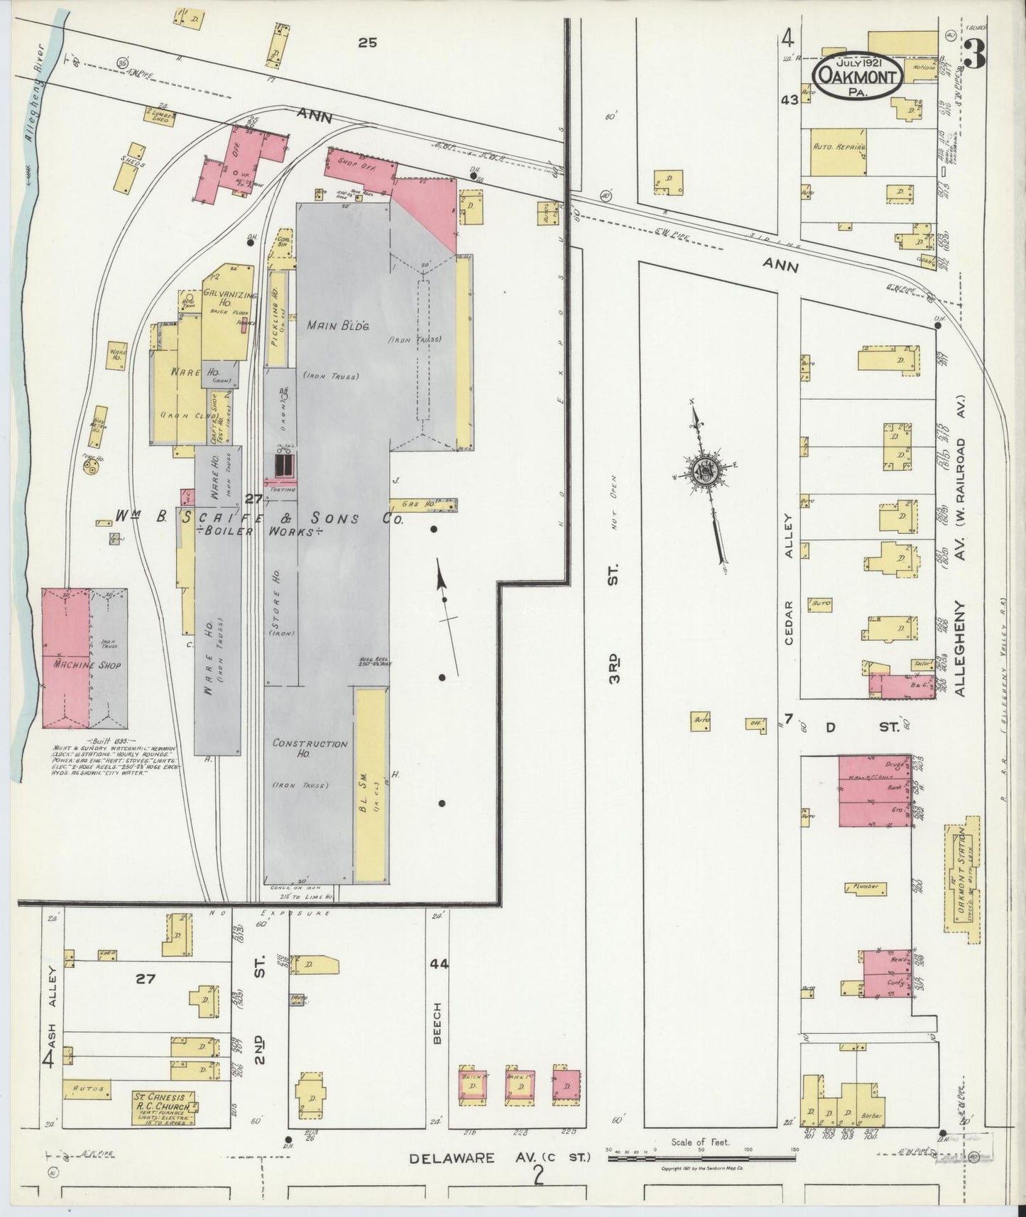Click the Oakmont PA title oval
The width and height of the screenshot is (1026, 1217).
[858, 71]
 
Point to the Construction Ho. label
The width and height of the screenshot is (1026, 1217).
[310, 748]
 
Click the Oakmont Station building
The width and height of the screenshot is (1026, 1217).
[963, 880]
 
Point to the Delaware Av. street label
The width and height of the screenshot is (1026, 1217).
[499, 1158]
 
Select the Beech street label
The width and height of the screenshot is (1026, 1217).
[437, 1022]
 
